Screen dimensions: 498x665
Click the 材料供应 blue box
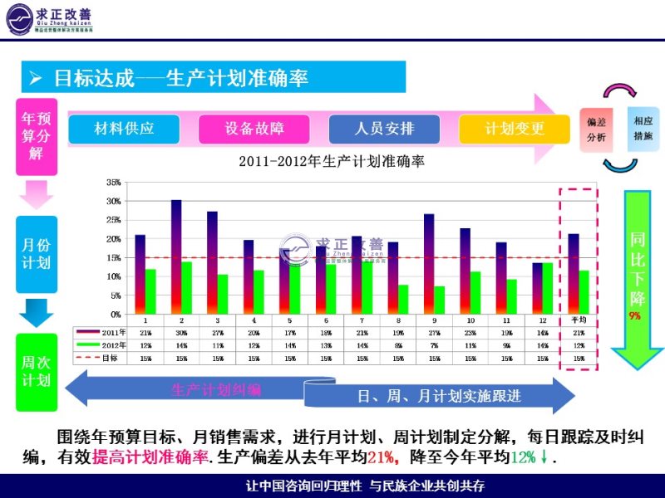pos(124,129)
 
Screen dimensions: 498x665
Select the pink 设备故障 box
pos(254,129)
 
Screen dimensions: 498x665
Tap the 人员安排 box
pos(384,129)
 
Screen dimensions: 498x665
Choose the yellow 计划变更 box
pos(515,129)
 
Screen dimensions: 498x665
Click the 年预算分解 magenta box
pos(36,136)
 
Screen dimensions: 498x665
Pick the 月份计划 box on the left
pos(36,253)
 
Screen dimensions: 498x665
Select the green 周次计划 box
pos(36,372)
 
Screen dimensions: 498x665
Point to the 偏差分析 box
pos(596,129)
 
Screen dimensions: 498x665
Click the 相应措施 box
pos(643,128)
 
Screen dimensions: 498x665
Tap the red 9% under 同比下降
pos(635,316)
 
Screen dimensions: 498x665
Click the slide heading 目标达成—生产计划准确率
pos(180,78)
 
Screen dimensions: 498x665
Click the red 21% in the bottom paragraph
pos(382,457)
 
